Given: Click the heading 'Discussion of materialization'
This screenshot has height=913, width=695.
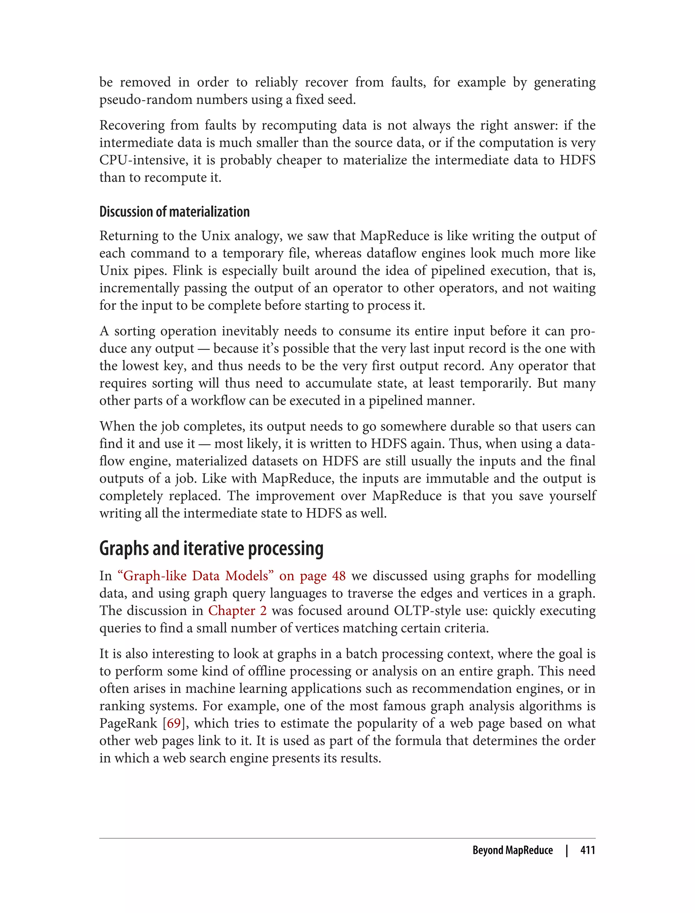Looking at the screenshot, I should pyautogui.click(x=174, y=212).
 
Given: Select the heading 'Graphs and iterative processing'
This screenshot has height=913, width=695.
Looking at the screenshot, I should pyautogui.click(x=211, y=549).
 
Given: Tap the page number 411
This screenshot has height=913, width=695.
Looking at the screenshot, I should pyautogui.click(x=587, y=850).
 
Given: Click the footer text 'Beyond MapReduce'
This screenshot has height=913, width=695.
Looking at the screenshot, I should pyautogui.click(x=512, y=850).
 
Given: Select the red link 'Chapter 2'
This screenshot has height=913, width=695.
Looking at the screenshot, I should pyautogui.click(x=237, y=611).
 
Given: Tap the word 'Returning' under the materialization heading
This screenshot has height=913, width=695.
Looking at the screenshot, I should pyautogui.click(x=129, y=236).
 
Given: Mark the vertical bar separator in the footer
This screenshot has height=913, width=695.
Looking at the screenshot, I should pyautogui.click(x=567, y=850).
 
